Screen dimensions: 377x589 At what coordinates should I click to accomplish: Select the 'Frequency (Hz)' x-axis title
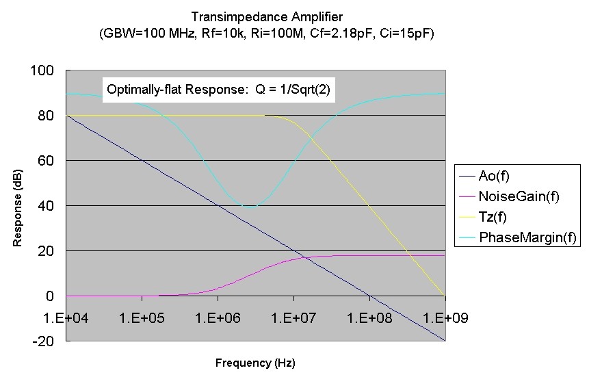point(255,362)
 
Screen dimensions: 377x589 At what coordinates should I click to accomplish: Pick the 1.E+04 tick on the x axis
point(66,319)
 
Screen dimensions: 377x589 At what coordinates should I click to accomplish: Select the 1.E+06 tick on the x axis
point(218,319)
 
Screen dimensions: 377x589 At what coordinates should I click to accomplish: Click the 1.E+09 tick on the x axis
point(445,319)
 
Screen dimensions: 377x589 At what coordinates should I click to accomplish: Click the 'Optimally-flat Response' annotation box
point(219,90)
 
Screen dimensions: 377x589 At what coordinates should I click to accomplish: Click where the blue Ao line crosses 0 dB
point(369,296)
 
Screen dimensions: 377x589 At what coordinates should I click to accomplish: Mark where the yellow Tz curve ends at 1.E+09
point(445,296)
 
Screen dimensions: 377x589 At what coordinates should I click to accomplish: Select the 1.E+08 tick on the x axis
point(369,319)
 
